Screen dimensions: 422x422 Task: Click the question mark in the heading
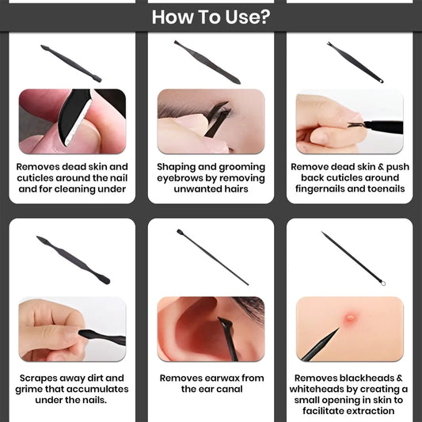[265, 17]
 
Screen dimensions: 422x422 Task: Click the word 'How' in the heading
[173, 17]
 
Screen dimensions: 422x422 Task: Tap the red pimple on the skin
[351, 317]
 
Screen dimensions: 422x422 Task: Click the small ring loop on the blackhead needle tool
[383, 283]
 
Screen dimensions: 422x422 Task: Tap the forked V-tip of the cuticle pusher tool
[329, 44]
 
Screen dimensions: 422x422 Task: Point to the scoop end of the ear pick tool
[179, 231]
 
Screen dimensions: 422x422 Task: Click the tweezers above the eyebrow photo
[207, 63]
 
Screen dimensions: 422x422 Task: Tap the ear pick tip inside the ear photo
[225, 321]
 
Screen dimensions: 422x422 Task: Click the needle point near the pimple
[338, 329]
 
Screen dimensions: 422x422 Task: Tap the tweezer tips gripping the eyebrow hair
[224, 106]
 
